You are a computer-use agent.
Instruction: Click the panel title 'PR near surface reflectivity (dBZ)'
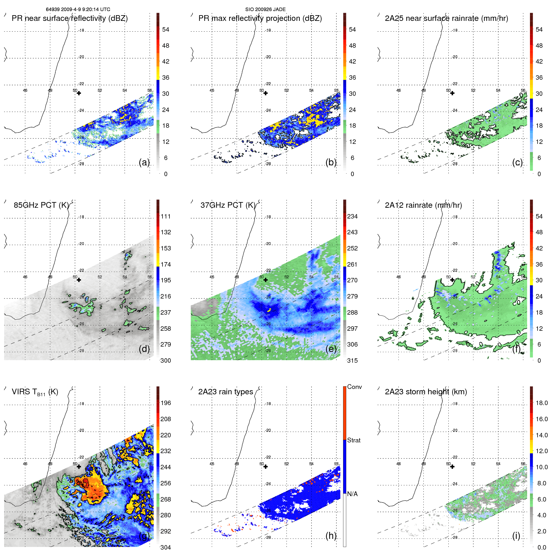pos(70,18)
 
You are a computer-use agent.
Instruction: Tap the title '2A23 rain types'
pos(225,392)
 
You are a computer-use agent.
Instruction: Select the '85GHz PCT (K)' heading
pos(41,205)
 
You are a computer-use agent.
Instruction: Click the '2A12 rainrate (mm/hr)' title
pos(423,205)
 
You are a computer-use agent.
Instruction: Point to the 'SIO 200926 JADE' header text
pos(265,9)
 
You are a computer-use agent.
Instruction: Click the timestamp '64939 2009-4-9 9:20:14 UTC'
pos(78,9)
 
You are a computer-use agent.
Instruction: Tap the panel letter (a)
pos(144,163)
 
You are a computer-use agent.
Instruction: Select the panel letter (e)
pos(331,349)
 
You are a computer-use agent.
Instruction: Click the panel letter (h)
pos(331,536)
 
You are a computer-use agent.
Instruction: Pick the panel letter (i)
pos(516,536)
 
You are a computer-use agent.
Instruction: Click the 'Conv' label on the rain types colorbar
pos(354,387)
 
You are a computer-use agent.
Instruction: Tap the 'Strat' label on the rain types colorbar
pos(354,440)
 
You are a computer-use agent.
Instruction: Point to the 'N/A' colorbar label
pos(353,494)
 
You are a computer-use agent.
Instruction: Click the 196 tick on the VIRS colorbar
pos(166,403)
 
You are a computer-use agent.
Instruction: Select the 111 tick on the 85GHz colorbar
pos(166,217)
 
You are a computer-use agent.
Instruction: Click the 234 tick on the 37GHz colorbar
pos(352,217)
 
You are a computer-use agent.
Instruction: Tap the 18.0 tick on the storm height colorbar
pos(541,403)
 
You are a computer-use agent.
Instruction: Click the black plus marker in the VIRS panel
pos(79,467)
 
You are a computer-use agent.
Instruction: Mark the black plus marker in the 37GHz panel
pos(266,280)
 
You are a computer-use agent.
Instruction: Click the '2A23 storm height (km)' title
pos(426,392)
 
